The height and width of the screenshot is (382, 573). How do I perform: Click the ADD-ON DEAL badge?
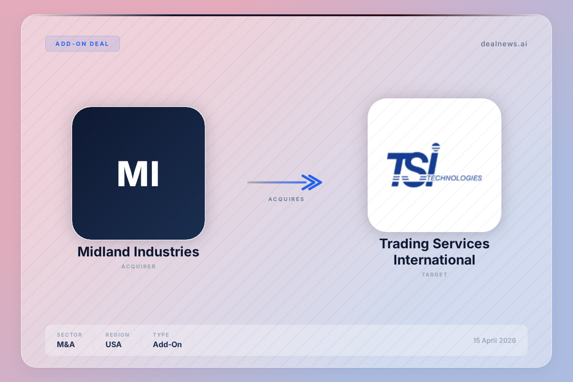82,44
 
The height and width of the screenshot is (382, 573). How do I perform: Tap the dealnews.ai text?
504,44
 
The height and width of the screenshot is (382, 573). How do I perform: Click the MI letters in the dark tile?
138,174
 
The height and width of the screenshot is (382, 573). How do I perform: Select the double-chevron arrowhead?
312,182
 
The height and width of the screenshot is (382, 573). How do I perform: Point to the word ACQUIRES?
286,199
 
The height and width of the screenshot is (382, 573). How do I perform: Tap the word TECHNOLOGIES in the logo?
455,178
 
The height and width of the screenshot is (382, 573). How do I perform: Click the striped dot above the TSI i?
436,147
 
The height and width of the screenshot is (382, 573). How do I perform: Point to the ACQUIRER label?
138,266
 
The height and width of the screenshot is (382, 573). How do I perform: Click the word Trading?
404,244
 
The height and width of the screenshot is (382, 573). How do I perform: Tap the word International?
435,260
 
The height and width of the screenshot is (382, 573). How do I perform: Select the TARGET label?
435,275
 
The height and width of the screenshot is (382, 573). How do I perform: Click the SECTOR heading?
69,335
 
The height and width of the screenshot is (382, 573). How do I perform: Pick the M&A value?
66,344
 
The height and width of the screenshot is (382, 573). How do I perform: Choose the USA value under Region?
114,344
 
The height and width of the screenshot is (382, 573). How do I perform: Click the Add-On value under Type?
167,344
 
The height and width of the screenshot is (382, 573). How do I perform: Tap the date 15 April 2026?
495,340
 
